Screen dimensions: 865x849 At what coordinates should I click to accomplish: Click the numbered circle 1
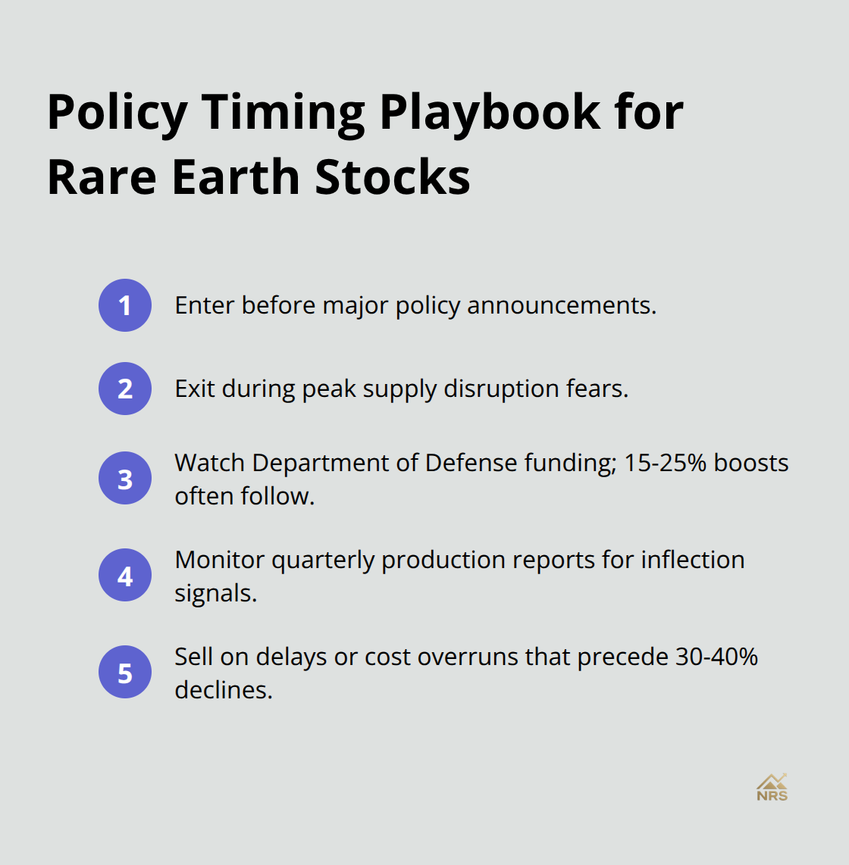(125, 305)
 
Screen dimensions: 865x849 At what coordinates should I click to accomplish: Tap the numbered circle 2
(125, 389)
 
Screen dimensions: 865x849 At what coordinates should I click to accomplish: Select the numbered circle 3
(125, 479)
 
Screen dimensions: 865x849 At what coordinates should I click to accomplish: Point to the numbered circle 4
(125, 576)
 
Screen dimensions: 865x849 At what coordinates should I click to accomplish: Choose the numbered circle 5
(125, 673)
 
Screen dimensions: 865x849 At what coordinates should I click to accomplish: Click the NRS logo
(772, 788)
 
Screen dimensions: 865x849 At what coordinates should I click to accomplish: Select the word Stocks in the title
(392, 177)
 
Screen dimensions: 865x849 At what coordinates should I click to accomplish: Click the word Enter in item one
(204, 305)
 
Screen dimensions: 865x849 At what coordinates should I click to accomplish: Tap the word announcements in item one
(561, 305)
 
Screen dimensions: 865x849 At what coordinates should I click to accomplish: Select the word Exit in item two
(195, 389)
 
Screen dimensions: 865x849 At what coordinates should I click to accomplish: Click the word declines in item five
(223, 690)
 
